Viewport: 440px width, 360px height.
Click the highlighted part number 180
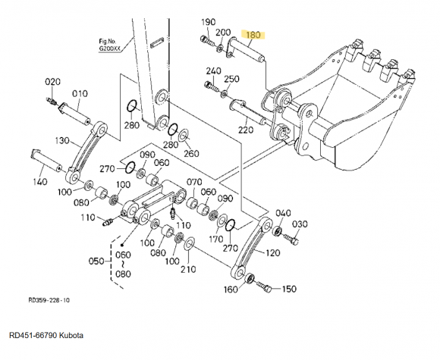point(253,35)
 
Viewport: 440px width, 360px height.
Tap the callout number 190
point(209,22)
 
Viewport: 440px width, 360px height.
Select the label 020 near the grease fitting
point(53,82)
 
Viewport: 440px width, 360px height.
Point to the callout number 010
point(80,94)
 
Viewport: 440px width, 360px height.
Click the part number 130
point(62,140)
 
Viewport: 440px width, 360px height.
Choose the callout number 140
point(40,182)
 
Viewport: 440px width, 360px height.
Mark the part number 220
point(246,130)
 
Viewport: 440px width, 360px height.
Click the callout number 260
point(191,153)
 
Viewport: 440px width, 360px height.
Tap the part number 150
point(289,289)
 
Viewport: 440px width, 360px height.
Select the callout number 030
point(300,224)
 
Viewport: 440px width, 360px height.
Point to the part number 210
point(188,269)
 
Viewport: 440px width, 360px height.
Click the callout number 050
point(96,261)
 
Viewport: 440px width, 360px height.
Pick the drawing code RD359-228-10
point(49,300)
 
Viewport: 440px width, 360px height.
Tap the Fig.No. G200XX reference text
point(109,45)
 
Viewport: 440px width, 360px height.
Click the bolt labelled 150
point(264,286)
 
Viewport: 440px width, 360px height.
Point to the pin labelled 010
point(74,113)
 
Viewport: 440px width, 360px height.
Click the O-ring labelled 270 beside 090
point(130,167)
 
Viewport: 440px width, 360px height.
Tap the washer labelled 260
point(184,135)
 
